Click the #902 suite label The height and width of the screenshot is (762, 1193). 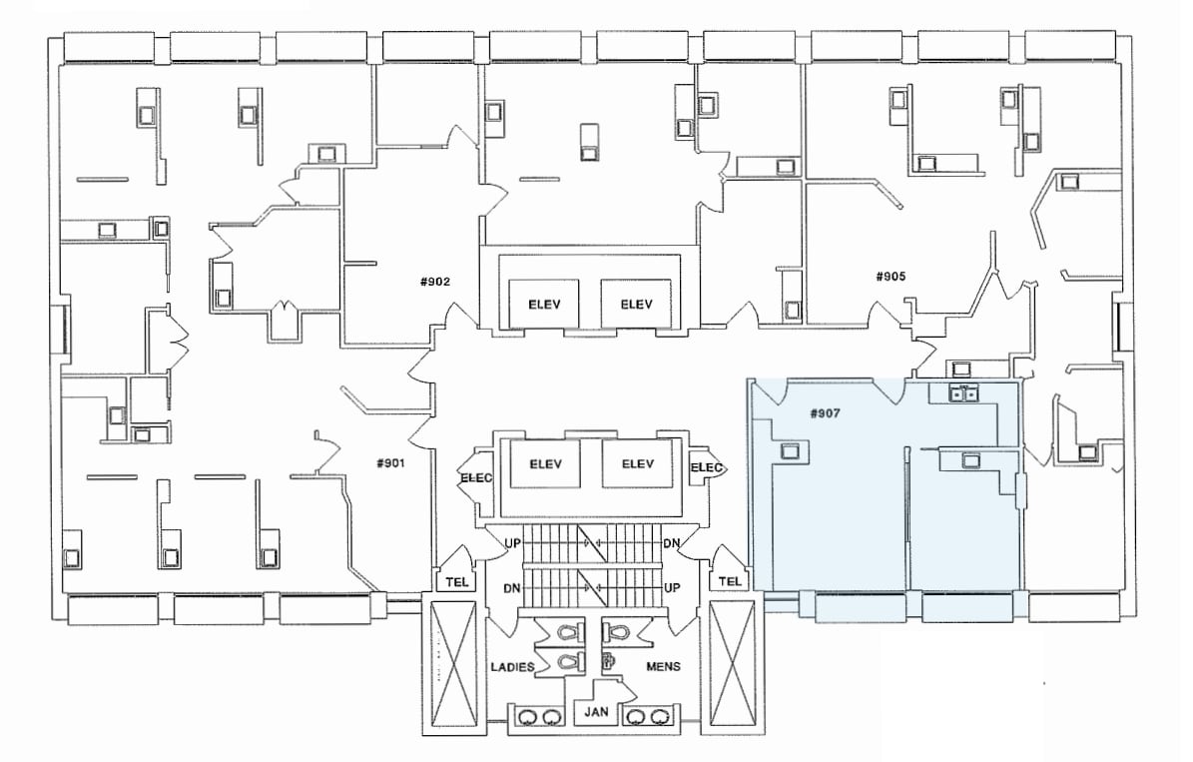tap(434, 282)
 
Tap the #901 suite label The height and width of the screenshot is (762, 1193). tap(389, 462)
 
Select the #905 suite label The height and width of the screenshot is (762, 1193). tap(890, 277)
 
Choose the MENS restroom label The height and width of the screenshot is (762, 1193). tap(664, 666)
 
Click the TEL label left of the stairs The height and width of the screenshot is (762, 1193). tap(454, 582)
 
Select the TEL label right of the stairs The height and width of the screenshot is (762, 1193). tap(730, 582)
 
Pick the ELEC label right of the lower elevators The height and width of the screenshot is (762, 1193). tap(707, 467)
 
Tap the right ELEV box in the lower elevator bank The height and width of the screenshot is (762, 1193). tap(637, 463)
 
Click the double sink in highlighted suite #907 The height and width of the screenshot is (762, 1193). tap(962, 393)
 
